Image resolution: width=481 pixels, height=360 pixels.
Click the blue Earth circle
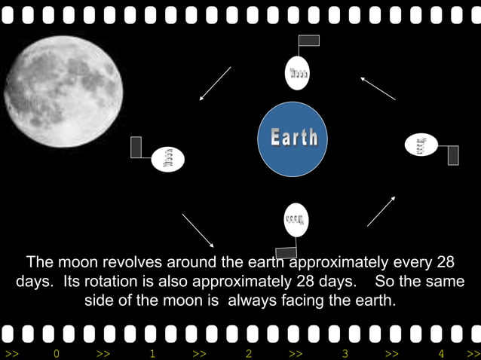[293, 139]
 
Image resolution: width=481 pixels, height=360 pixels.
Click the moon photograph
[63, 91]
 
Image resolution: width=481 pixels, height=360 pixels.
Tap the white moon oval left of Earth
[168, 159]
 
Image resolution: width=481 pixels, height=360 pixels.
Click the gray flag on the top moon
[309, 41]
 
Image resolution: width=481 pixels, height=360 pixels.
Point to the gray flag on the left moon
[136, 147]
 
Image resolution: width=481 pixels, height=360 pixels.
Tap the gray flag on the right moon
[452, 155]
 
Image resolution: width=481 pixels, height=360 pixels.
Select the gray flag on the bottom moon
[286, 252]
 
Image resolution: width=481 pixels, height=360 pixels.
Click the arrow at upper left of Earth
[215, 84]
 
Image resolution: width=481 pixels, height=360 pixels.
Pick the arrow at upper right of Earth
[378, 88]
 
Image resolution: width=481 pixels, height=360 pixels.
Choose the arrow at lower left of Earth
[198, 230]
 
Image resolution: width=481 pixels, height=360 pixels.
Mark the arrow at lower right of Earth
[381, 211]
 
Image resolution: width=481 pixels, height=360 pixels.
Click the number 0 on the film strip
[56, 353]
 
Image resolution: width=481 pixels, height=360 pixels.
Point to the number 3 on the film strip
[345, 353]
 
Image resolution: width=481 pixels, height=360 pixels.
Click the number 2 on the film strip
[249, 353]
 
